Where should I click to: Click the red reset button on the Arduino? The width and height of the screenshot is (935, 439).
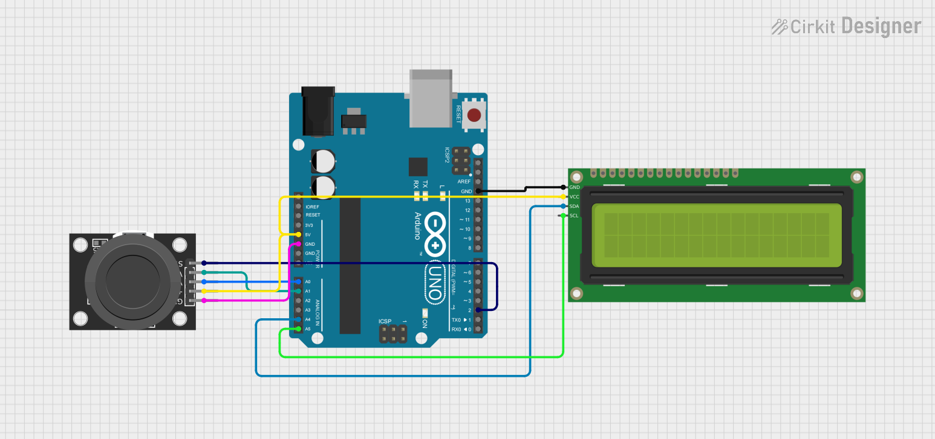(475, 114)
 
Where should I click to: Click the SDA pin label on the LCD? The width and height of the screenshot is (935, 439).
(575, 207)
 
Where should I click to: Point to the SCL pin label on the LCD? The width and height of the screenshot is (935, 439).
(575, 216)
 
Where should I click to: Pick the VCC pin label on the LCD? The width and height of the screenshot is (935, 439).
(575, 197)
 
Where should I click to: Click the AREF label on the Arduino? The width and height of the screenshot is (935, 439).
(464, 182)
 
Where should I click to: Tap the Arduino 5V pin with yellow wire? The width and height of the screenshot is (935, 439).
(298, 234)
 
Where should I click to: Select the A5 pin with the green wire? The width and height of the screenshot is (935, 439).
(298, 328)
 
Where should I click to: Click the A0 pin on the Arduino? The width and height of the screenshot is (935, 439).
(298, 281)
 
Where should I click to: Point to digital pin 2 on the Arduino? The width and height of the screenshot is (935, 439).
(478, 310)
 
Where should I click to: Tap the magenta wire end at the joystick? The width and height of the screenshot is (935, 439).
(204, 300)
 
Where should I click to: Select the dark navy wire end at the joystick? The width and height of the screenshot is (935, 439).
(204, 263)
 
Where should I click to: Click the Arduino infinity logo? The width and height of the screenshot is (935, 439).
(435, 234)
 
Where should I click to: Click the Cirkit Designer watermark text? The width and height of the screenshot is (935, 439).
(846, 27)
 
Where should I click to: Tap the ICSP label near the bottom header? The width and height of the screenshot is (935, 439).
(385, 321)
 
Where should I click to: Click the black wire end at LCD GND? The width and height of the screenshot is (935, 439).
(563, 188)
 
